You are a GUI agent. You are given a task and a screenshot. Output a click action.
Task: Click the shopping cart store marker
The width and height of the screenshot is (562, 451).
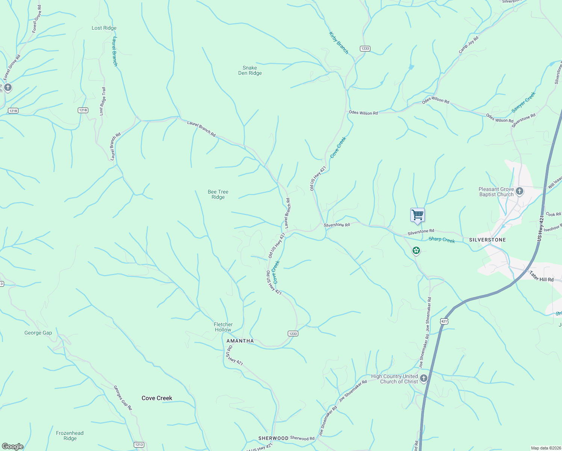tap(417, 215)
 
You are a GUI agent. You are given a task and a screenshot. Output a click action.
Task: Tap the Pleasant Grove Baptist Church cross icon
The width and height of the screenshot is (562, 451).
tap(520, 192)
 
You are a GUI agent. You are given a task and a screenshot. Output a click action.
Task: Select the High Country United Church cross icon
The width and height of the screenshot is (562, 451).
tap(424, 378)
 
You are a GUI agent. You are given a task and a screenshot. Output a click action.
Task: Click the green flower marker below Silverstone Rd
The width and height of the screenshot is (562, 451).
tap(416, 250)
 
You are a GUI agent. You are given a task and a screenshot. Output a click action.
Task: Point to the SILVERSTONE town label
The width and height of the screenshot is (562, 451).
tap(487, 240)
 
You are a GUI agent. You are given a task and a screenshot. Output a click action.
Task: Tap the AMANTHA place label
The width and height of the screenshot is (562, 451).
tap(240, 341)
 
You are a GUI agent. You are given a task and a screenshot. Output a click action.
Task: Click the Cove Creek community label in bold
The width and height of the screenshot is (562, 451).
tap(157, 398)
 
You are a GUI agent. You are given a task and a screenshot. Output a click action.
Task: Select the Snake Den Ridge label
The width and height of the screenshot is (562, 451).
tap(250, 71)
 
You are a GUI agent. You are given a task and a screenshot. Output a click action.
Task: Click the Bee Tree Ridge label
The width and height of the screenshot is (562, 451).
tap(218, 194)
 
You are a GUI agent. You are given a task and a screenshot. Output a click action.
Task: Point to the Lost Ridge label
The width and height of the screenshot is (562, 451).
tap(104, 28)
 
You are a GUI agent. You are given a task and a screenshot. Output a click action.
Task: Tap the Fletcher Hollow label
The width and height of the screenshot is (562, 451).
tap(223, 327)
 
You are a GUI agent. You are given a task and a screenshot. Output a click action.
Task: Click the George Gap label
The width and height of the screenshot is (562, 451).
tap(38, 333)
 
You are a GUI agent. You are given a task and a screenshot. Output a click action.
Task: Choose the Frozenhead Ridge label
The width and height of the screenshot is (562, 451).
tap(70, 436)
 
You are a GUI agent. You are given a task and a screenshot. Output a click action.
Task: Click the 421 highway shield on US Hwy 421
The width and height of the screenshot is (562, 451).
tap(444, 321)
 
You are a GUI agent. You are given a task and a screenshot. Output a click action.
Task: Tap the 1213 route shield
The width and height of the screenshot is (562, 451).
tap(139, 445)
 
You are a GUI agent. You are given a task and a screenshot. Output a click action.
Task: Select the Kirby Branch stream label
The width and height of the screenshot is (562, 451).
tap(339, 43)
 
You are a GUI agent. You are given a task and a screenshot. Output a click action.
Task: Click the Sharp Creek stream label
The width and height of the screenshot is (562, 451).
tap(442, 240)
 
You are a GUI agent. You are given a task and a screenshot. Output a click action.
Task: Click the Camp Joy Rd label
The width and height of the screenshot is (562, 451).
tap(468, 45)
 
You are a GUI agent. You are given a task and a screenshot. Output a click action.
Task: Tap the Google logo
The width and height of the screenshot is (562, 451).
tap(13, 446)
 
